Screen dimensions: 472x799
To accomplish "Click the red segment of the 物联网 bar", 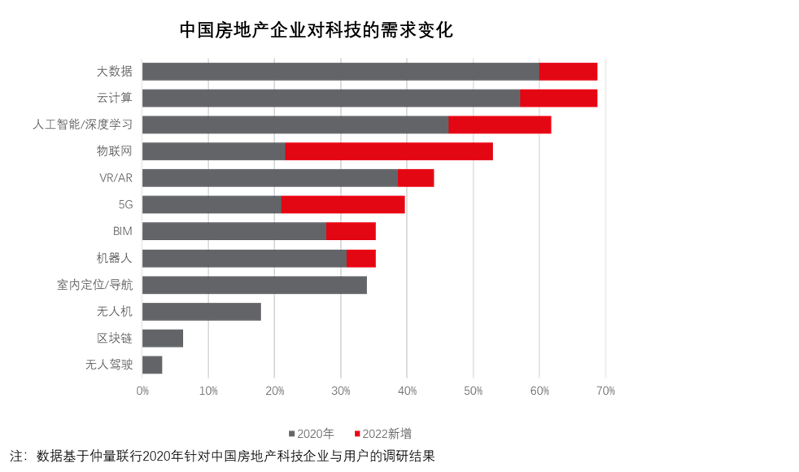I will [389, 151].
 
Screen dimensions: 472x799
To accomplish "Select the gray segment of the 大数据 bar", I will [340, 72].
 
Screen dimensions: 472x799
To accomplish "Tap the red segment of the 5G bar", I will [343, 205].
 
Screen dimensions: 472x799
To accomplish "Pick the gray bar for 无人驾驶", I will [152, 365].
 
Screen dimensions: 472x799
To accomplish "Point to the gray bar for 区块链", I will [163, 338].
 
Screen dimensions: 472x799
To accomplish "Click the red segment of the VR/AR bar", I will [416, 178].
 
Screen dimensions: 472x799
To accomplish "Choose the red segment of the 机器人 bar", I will [360, 258].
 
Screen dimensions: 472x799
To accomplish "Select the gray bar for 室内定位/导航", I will [255, 285].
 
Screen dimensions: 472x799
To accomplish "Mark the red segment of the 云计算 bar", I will [559, 98].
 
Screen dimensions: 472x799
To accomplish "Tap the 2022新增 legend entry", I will [382, 434].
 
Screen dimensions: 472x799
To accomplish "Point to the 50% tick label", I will [473, 391].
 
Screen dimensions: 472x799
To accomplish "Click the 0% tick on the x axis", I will [142, 391].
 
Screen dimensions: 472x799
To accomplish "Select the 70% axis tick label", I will [605, 391].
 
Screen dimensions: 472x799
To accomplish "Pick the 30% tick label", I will [341, 391].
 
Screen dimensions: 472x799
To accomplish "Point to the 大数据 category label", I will [115, 72].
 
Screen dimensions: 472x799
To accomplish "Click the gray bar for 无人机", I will [202, 312].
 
